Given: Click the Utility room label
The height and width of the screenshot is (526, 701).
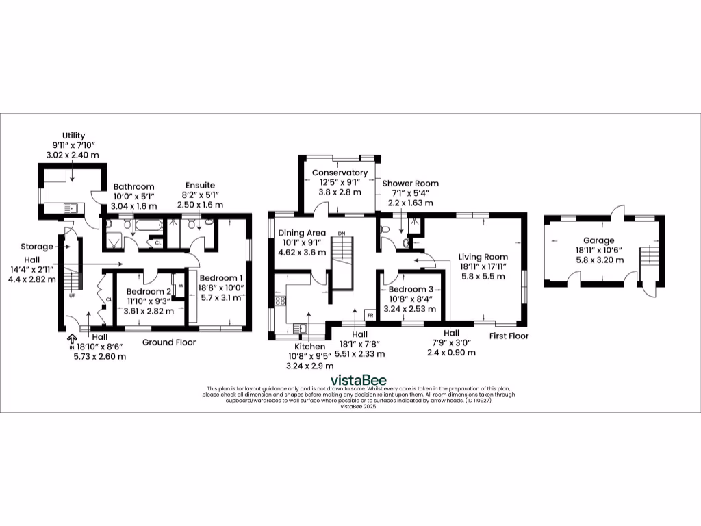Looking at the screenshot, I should tap(73, 136).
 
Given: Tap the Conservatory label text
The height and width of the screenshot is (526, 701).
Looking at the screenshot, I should tap(340, 173).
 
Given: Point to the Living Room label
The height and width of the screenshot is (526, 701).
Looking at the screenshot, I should tap(482, 257).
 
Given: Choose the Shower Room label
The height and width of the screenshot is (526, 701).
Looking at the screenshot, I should tap(410, 184).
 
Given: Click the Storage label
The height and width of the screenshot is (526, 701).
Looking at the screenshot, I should tap(37, 247).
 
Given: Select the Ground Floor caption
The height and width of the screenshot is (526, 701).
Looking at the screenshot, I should tap(169, 342).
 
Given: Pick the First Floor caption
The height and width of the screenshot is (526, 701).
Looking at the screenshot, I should tap(509, 336).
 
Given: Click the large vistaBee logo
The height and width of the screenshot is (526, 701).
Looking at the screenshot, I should tap(358, 379).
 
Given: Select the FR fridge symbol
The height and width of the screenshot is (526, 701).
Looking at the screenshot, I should tap(370, 315).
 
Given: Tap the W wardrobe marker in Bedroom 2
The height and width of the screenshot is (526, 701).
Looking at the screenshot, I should tap(181, 285).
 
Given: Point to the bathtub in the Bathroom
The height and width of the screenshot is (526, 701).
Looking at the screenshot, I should tap(146, 223).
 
